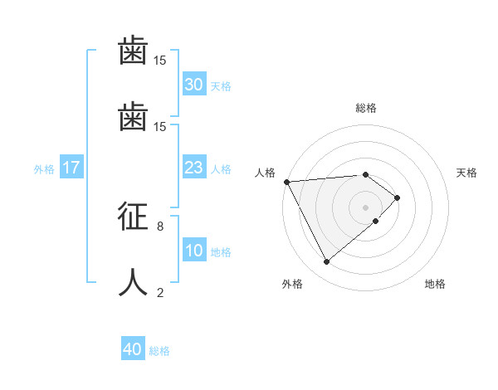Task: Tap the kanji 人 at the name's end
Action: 134,282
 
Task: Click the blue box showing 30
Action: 193,85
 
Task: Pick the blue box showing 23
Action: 193,168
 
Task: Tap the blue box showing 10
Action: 193,251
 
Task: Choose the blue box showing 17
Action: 71,168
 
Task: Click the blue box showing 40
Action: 133,350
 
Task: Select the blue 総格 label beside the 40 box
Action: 159,351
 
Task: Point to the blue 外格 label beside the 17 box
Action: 44,169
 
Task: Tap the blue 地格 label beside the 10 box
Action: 221,252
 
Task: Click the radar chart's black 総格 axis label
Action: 366,108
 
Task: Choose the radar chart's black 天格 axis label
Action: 467,173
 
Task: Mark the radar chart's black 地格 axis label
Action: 435,284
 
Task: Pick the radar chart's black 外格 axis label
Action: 292,284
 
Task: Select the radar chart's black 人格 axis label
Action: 266,173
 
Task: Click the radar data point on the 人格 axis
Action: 286,182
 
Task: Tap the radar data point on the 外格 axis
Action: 326,262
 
